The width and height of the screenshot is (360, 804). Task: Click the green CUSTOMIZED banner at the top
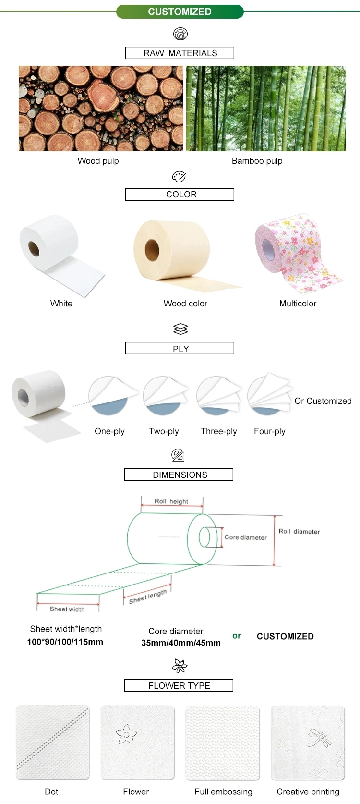(180, 12)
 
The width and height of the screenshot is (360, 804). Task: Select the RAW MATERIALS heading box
(180, 53)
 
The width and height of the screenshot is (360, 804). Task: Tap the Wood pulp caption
(98, 161)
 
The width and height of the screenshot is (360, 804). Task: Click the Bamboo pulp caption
(257, 161)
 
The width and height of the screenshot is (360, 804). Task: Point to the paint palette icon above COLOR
(179, 177)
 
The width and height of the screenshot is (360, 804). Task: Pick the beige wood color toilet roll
(173, 252)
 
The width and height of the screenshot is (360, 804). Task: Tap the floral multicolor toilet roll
(293, 250)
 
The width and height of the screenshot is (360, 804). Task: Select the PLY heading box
(180, 349)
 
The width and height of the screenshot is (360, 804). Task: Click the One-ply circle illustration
(109, 395)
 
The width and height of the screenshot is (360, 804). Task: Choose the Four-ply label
(269, 431)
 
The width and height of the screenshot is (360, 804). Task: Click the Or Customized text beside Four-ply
(323, 401)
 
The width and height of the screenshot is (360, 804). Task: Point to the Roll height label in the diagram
(171, 501)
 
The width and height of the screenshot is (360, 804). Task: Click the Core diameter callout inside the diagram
(245, 537)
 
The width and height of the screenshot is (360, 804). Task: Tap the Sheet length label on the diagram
(148, 597)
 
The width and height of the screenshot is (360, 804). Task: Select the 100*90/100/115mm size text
(65, 642)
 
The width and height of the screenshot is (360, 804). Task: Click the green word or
(237, 636)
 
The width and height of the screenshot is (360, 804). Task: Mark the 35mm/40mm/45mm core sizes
(181, 643)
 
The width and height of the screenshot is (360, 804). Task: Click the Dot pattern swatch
(52, 743)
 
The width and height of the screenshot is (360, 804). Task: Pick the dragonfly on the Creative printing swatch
(319, 738)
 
